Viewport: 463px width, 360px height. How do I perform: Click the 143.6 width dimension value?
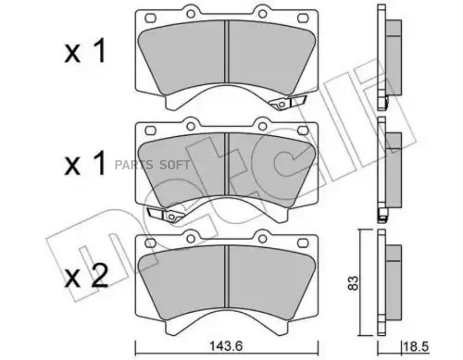click(x=226, y=346)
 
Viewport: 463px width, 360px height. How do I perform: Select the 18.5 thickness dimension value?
click(x=416, y=346)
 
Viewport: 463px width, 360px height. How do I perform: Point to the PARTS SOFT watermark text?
click(x=152, y=165)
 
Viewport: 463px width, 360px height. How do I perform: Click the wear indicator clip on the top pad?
click(x=288, y=102)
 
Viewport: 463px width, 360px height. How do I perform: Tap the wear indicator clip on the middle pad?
click(x=165, y=214)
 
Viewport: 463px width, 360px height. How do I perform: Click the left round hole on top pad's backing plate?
click(x=191, y=13)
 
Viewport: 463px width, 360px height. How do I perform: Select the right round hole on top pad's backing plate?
click(x=262, y=13)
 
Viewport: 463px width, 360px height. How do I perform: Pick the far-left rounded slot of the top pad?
click(x=151, y=18)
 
